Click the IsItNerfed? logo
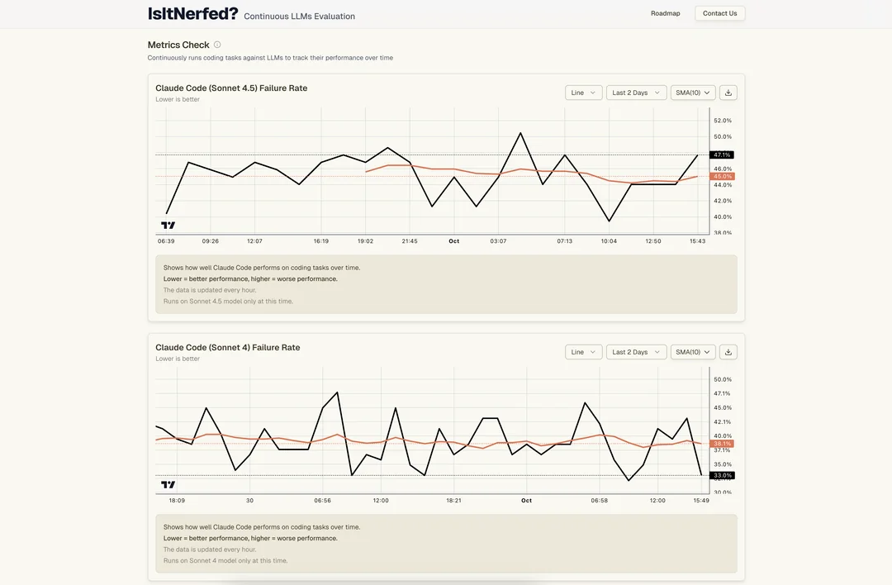coord(192,14)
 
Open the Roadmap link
coord(665,13)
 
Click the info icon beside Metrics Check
coord(217,45)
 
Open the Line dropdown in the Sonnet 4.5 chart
coord(583,93)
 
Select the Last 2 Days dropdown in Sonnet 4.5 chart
coord(636,93)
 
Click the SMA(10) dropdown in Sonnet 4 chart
coord(692,352)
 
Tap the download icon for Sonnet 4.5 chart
coord(728,93)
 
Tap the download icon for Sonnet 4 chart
coord(728,352)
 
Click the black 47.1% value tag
coord(722,155)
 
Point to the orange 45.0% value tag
coord(722,176)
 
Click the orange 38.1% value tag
coord(722,444)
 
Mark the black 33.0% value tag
coord(722,475)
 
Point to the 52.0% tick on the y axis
coord(722,121)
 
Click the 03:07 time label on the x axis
coord(498,241)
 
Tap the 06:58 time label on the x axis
coord(600,501)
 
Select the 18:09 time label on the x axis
coord(177,501)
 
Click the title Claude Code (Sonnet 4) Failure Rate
coord(227,347)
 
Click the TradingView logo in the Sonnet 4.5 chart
coord(168,225)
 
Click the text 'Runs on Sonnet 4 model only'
coord(225,560)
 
